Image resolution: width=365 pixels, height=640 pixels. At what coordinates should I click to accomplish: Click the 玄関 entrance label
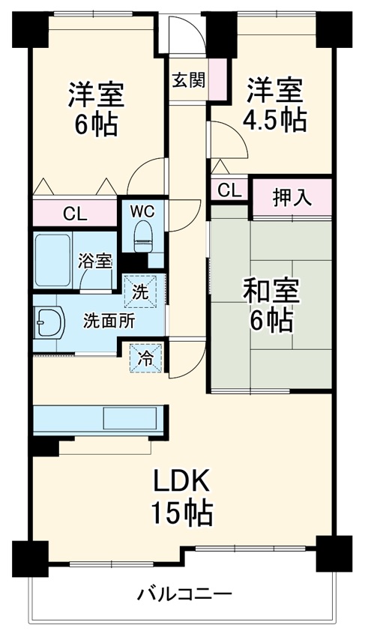188,80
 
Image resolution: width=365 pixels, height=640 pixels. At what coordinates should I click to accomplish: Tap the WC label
142,210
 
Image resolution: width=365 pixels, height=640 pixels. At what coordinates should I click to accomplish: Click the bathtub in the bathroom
52,259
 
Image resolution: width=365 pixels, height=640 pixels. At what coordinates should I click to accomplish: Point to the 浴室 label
95,261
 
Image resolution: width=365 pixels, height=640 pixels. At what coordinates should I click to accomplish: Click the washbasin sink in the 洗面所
46,322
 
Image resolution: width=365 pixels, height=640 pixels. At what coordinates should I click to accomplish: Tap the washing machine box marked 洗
141,291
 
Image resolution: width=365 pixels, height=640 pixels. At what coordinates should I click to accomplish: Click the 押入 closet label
290,198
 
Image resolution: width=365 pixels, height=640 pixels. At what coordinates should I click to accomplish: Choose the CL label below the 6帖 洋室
74,214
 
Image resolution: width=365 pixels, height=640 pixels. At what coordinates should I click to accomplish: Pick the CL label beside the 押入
229,190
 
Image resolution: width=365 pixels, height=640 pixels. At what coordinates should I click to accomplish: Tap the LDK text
184,480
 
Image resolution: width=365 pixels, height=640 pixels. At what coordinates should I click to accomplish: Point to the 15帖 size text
183,514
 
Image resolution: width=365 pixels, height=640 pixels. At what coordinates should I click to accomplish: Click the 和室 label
271,291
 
